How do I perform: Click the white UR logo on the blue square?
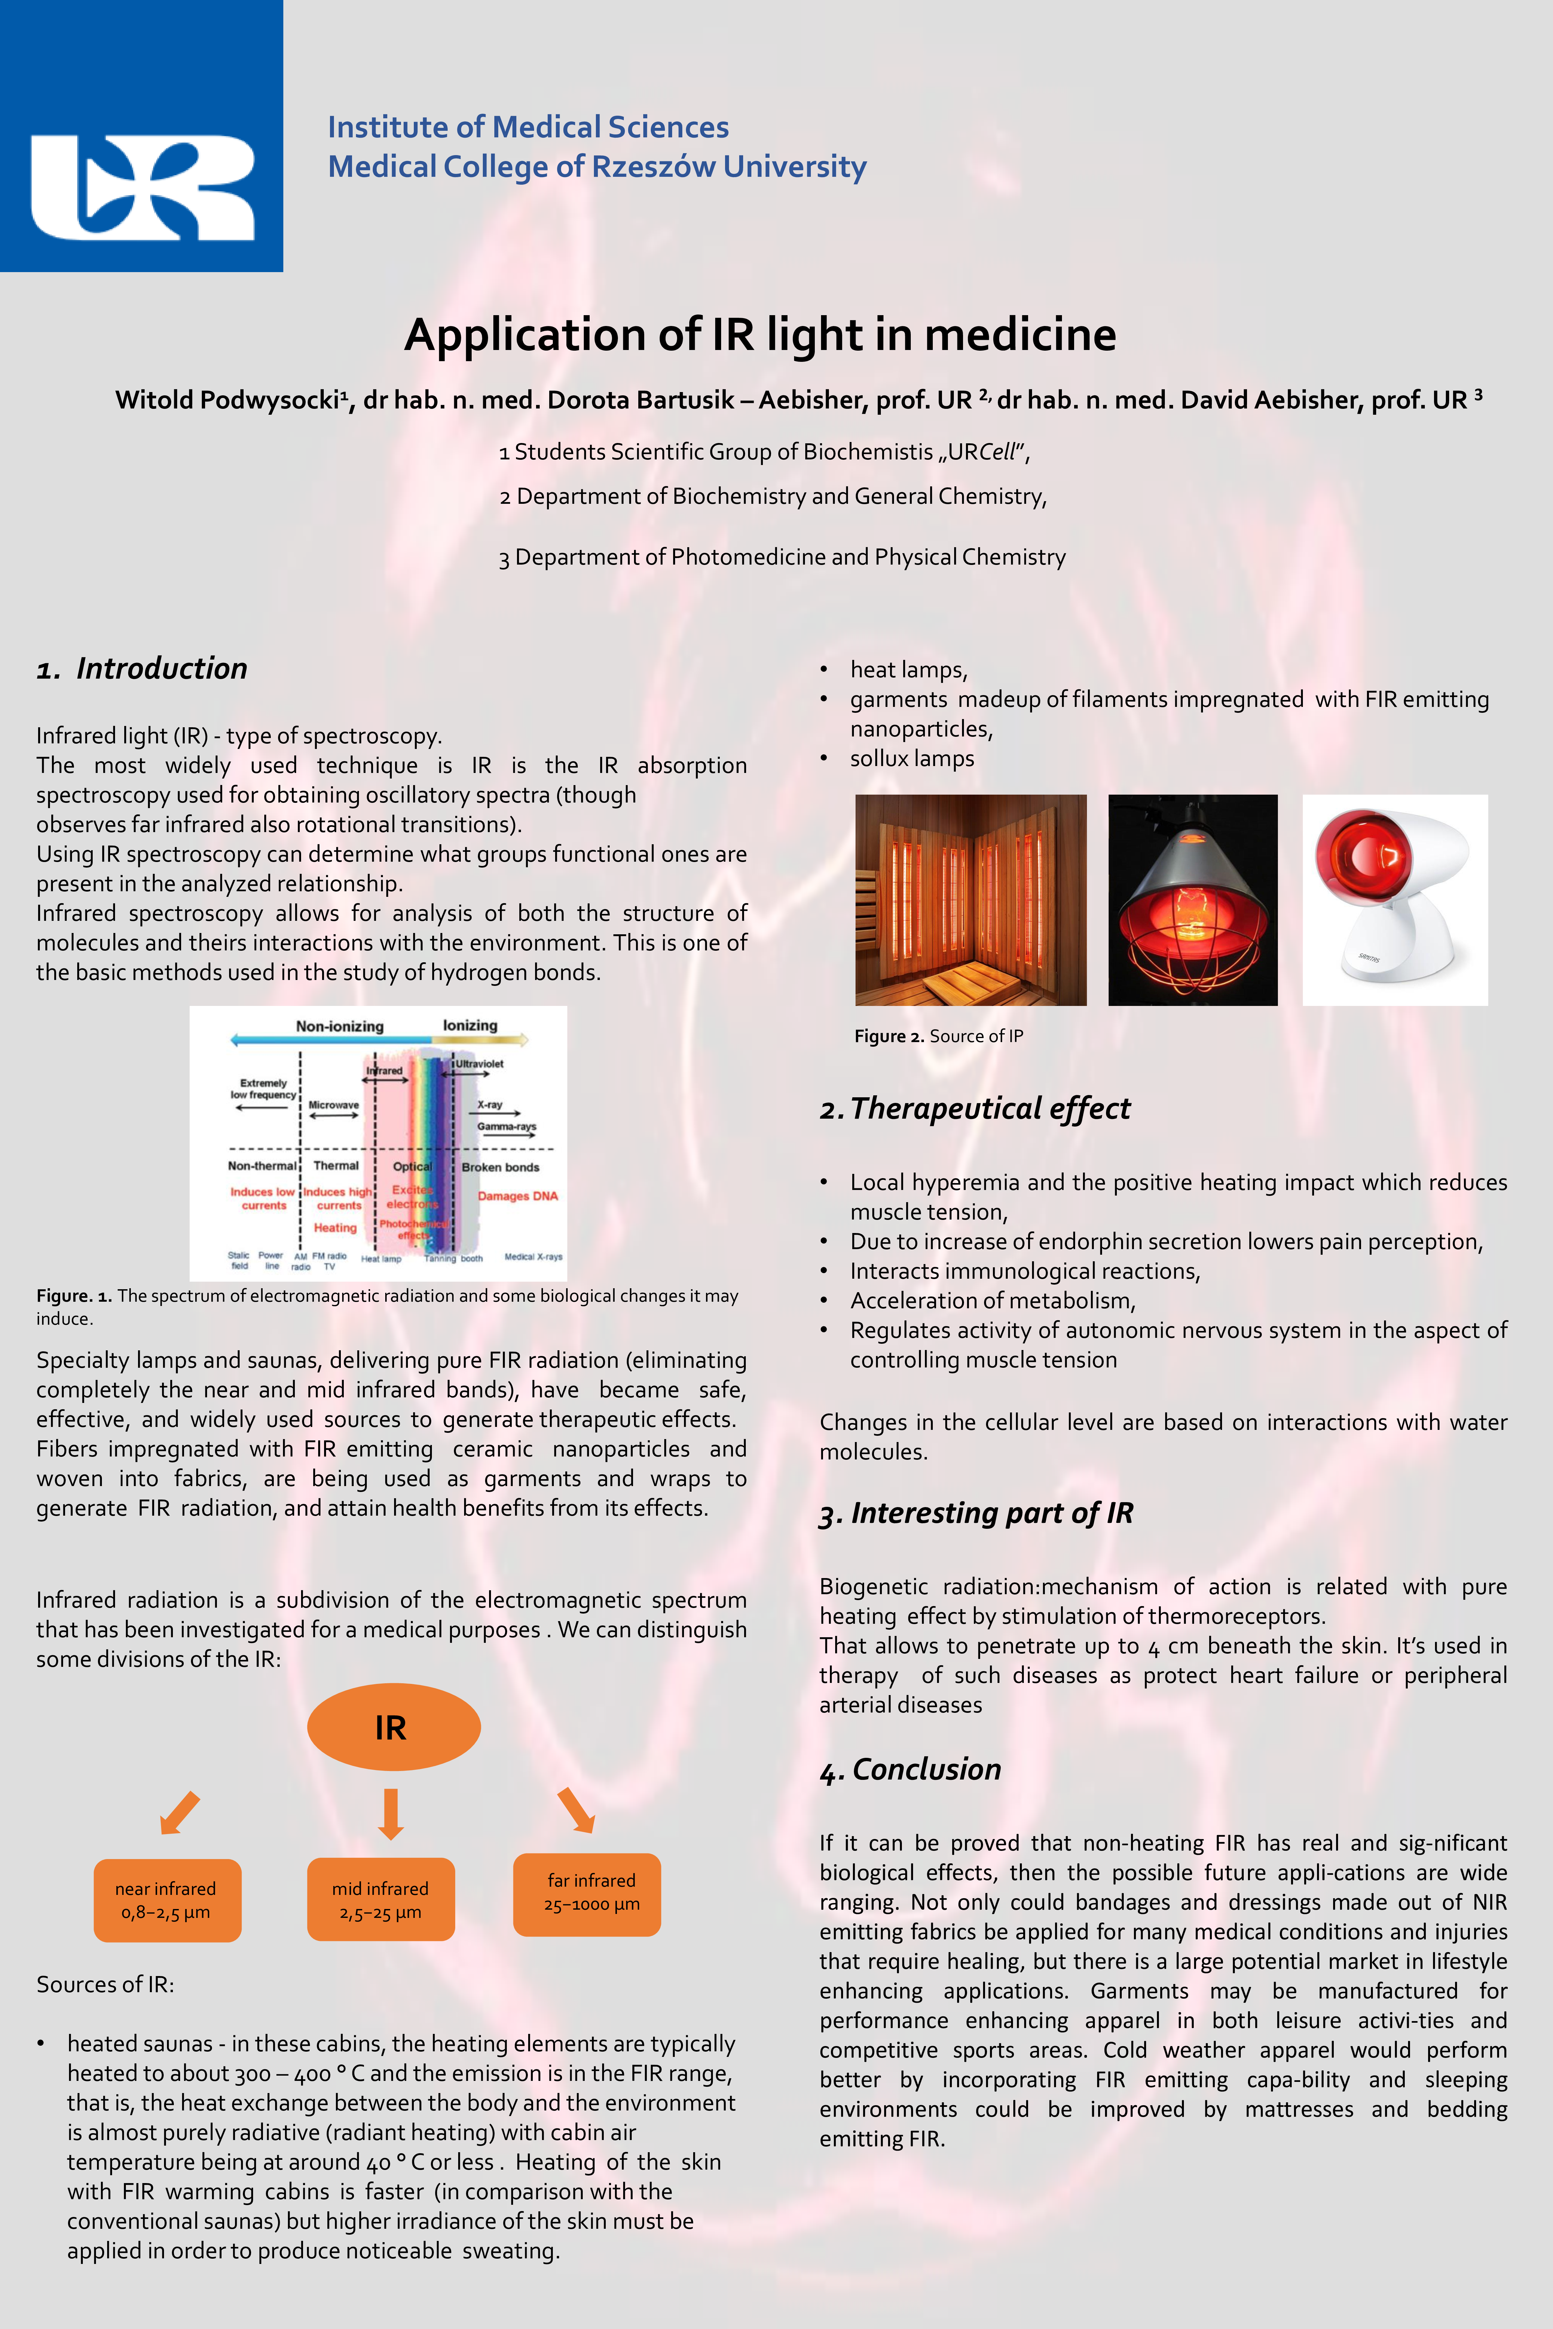(142, 187)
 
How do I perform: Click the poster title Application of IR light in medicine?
(760, 335)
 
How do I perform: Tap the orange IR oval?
(393, 1727)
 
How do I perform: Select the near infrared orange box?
(166, 1899)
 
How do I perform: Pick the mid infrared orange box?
(380, 1899)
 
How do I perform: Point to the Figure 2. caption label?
(888, 1036)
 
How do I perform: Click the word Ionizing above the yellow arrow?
(469, 1025)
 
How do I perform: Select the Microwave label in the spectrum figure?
(334, 1104)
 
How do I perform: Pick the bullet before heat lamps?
(824, 670)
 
